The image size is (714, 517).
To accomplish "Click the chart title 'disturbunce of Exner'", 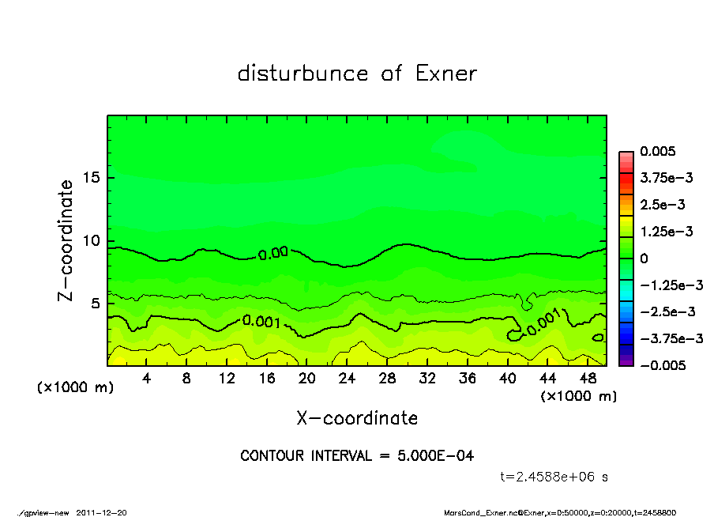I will (357, 74).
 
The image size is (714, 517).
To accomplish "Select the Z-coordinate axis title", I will (66, 240).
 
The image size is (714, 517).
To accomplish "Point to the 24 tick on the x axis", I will (347, 378).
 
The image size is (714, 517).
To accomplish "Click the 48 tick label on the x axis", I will (587, 378).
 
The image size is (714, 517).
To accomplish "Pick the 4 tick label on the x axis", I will (147, 378).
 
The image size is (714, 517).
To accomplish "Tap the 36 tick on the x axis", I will (467, 378).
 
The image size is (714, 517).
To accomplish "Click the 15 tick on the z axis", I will (90, 177).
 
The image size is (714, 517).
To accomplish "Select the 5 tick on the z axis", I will (94, 304).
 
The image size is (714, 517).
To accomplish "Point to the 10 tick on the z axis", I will (90, 240).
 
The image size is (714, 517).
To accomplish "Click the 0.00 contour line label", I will (272, 254).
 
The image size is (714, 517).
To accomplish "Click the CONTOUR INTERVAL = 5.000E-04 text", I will (357, 456).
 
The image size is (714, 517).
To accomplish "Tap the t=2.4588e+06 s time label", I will (554, 477).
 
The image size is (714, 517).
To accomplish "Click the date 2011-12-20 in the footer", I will (101, 512).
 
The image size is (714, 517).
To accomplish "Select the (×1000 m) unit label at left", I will (71, 387).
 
